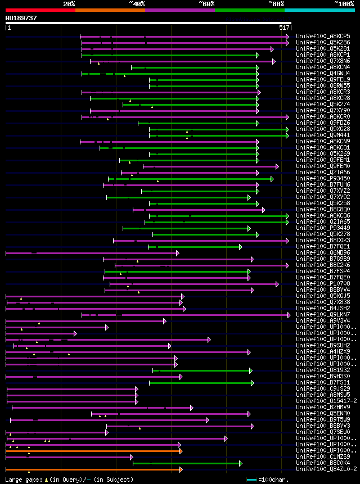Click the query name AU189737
(21, 18)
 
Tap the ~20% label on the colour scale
(69, 3)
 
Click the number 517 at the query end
(283, 27)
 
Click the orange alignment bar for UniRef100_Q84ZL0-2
(93, 469)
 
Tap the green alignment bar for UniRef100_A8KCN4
(194, 67)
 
